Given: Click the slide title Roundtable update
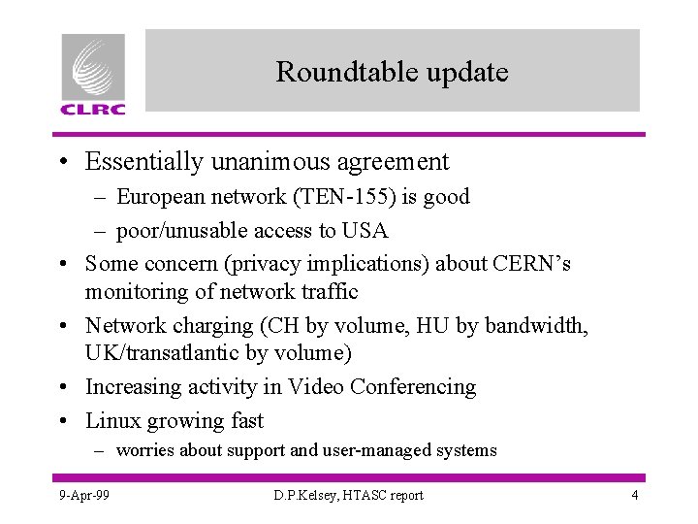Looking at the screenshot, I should [x=392, y=72].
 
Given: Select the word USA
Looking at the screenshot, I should [x=365, y=231].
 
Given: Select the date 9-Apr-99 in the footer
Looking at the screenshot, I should [x=83, y=496].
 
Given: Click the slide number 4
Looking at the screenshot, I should [x=634, y=496].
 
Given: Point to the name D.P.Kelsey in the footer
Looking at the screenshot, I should [x=304, y=496].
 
